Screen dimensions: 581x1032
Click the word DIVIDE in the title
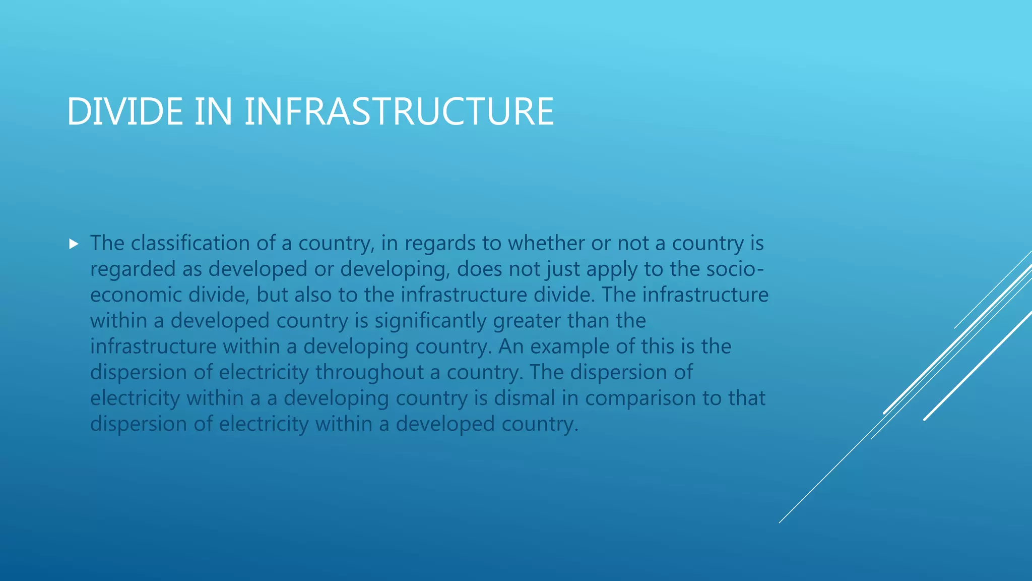point(124,111)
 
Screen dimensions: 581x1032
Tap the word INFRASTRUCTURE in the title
point(399,111)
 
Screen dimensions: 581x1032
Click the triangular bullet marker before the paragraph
point(74,245)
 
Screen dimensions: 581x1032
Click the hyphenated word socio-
point(735,269)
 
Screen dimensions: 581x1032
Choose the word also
point(313,295)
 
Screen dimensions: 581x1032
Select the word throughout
point(369,372)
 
